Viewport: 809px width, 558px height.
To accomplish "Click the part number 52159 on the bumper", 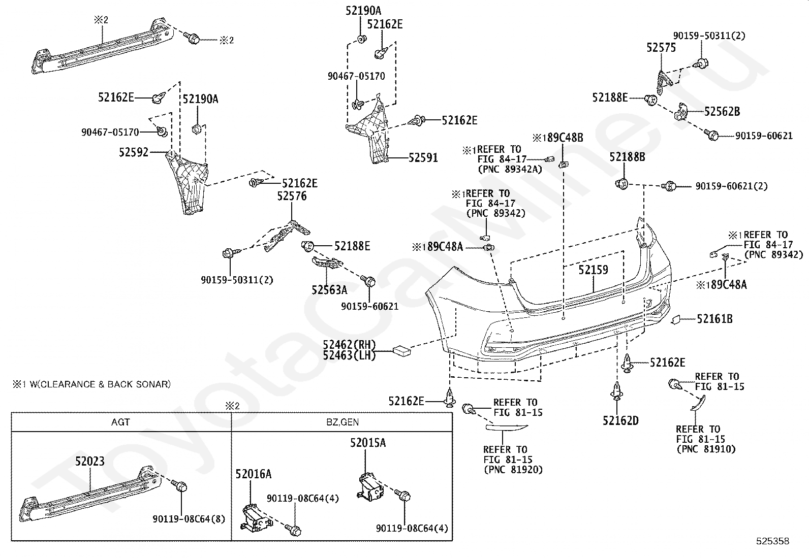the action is click(594, 270).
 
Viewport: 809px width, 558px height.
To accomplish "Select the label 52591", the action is click(423, 158).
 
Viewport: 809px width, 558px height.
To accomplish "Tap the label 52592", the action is click(134, 152).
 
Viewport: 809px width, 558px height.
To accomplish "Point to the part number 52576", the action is click(292, 196).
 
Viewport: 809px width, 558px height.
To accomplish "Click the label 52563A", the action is click(329, 290).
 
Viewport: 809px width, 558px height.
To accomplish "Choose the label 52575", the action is click(661, 48).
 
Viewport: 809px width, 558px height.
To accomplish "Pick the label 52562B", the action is click(722, 112).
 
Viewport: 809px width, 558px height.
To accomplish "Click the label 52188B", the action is click(628, 157).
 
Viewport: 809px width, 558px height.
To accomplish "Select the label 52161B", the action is click(715, 319).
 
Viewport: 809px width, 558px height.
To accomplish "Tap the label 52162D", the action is click(620, 420).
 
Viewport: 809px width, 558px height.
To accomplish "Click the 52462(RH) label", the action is click(349, 344).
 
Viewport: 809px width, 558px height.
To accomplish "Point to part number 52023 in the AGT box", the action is click(90, 461).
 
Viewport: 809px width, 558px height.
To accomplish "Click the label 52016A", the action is click(253, 474).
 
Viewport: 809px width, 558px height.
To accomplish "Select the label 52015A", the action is click(368, 443).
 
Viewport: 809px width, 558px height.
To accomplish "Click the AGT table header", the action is click(120, 422).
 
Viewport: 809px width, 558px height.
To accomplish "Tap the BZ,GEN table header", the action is click(343, 422).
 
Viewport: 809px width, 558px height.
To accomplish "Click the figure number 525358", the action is click(773, 541).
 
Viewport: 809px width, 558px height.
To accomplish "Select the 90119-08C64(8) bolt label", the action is click(189, 519).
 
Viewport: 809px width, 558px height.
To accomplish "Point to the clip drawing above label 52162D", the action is click(617, 391).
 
